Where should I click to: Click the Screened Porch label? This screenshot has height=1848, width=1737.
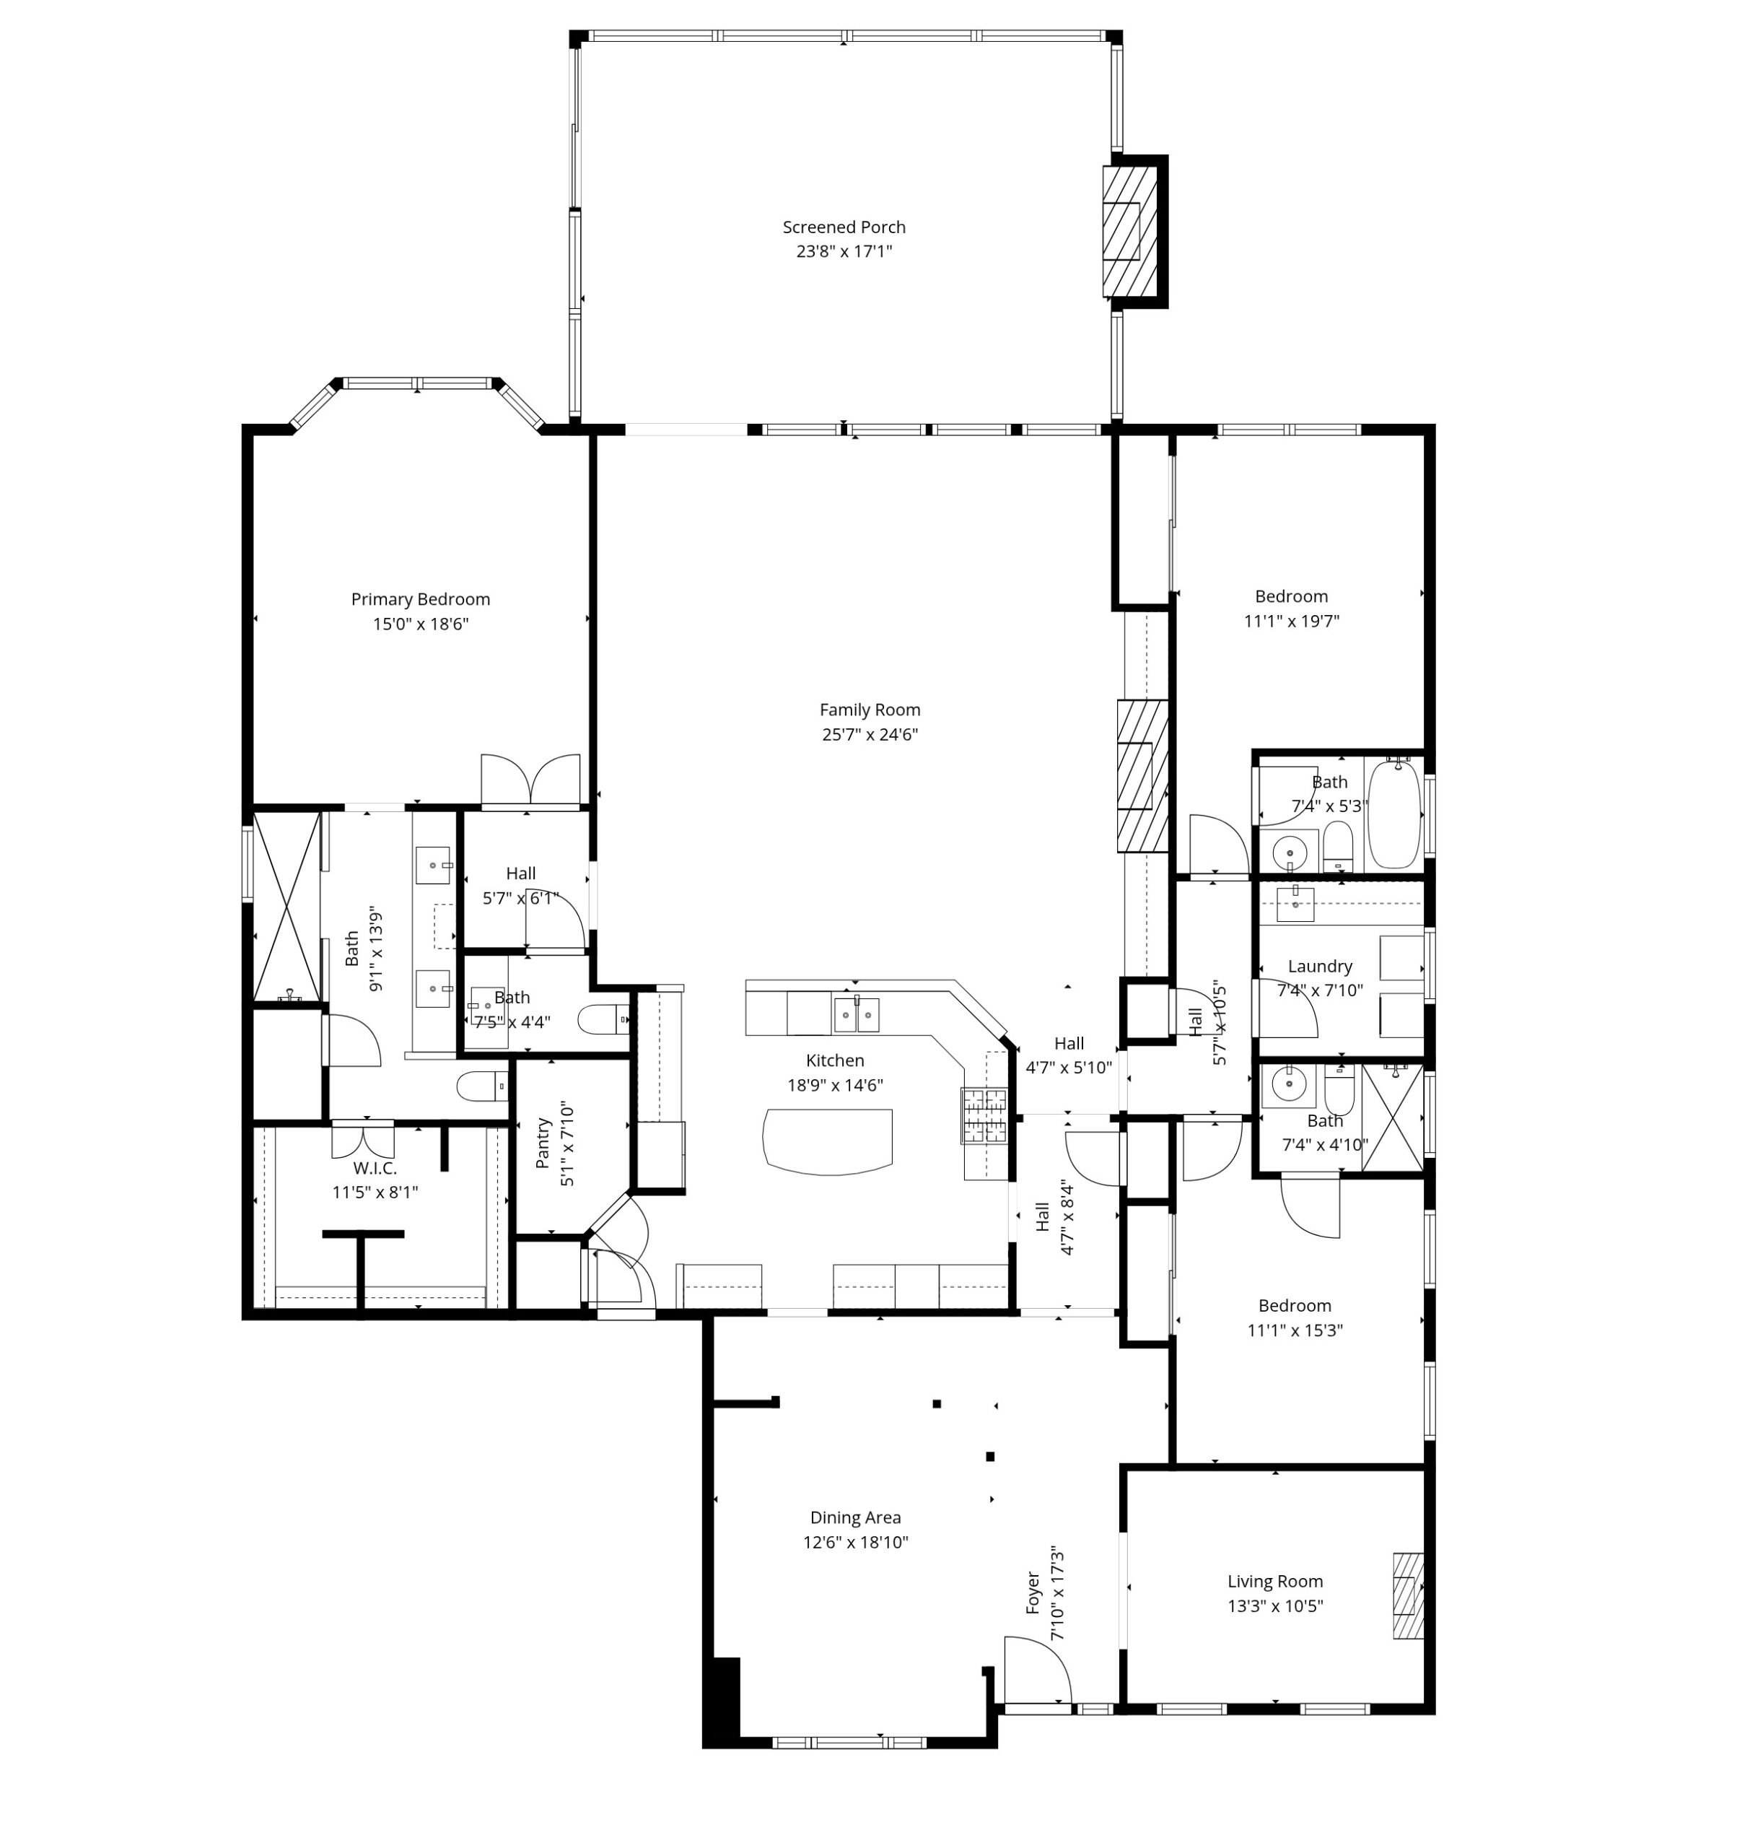(x=844, y=227)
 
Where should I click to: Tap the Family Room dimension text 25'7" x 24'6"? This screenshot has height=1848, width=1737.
(x=870, y=734)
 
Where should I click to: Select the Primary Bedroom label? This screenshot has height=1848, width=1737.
(x=420, y=600)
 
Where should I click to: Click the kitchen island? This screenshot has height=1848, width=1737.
(x=827, y=1141)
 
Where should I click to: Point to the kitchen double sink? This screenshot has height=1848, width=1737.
(x=856, y=1014)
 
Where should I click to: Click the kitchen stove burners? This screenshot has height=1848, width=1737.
(x=984, y=1115)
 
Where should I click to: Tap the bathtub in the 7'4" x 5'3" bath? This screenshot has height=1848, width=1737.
(x=1394, y=814)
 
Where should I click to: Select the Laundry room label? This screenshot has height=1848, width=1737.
(x=1320, y=967)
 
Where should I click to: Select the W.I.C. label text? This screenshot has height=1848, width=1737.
(x=375, y=1169)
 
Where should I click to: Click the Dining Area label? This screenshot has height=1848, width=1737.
(x=855, y=1518)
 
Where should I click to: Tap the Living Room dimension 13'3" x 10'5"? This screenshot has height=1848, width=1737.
(x=1275, y=1605)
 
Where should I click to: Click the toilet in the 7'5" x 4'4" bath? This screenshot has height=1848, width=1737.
(x=603, y=1021)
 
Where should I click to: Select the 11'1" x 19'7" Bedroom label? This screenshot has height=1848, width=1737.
(x=1291, y=597)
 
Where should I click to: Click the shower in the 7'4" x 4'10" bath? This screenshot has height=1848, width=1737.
(x=1391, y=1117)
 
